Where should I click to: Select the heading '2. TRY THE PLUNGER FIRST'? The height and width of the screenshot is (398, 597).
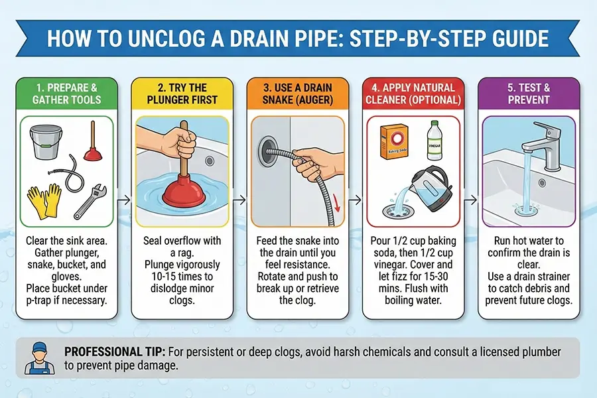[182, 94]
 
